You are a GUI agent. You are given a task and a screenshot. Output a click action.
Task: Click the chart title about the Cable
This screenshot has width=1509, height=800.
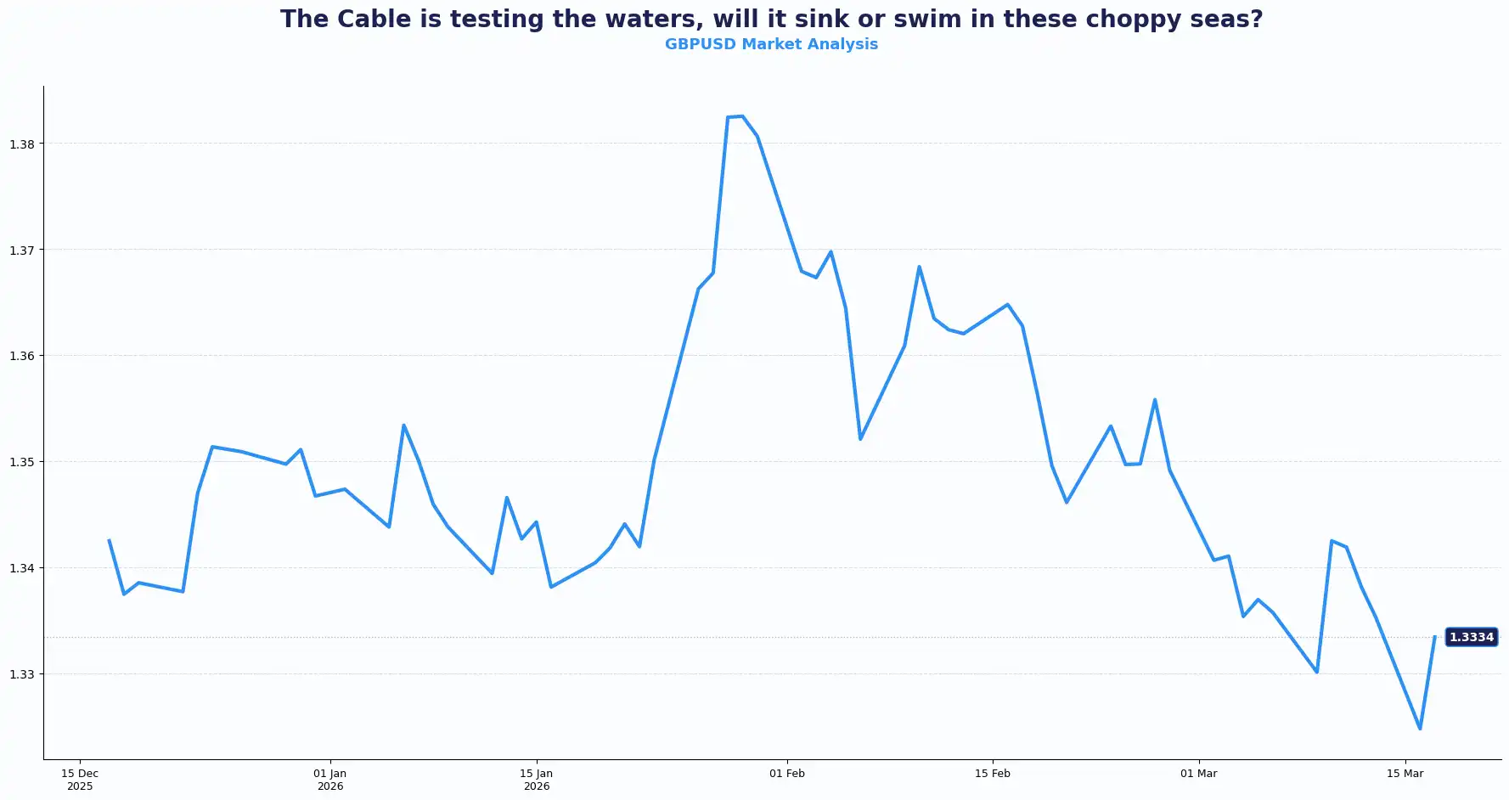[x=771, y=19]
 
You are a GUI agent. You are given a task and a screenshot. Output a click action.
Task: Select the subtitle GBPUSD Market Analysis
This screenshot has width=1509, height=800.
[x=771, y=44]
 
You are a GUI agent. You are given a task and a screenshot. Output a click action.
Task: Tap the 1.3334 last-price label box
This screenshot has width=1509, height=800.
[x=1471, y=637]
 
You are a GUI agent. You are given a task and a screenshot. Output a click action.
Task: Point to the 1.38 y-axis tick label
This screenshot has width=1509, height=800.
[x=22, y=144]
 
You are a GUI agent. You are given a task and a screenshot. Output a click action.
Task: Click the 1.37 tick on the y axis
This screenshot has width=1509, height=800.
[x=22, y=251]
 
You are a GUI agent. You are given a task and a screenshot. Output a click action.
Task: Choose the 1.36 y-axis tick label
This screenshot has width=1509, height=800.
[x=22, y=356]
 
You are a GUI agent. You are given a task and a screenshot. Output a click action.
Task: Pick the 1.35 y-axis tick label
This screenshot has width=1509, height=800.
[x=22, y=462]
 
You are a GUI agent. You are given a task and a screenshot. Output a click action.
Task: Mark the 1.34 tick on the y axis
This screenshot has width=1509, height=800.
[x=22, y=568]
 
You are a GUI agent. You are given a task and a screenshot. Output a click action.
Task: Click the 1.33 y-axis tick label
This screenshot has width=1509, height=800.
[x=22, y=674]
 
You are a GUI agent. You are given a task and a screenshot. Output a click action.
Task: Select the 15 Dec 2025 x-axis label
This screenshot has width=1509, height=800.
[x=80, y=780]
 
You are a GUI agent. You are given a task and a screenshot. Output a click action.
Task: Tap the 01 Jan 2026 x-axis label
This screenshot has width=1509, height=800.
[x=330, y=780]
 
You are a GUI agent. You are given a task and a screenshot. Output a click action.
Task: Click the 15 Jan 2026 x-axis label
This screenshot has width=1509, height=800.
[x=537, y=780]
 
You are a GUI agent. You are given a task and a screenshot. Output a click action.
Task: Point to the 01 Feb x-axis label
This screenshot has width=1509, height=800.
[x=787, y=774]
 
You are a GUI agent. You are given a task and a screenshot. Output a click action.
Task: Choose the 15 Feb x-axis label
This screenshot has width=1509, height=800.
[x=993, y=774]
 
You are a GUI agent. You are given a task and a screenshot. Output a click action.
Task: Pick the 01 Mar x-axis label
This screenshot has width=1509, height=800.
[x=1199, y=774]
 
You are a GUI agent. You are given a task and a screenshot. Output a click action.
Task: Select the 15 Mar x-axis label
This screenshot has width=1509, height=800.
[x=1405, y=774]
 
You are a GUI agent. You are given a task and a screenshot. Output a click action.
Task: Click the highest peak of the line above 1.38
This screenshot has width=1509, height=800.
[x=741, y=116]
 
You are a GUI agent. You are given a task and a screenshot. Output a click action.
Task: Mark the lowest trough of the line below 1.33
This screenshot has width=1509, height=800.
[x=1420, y=729]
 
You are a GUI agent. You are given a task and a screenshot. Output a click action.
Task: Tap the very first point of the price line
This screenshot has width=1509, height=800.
[x=110, y=540]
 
